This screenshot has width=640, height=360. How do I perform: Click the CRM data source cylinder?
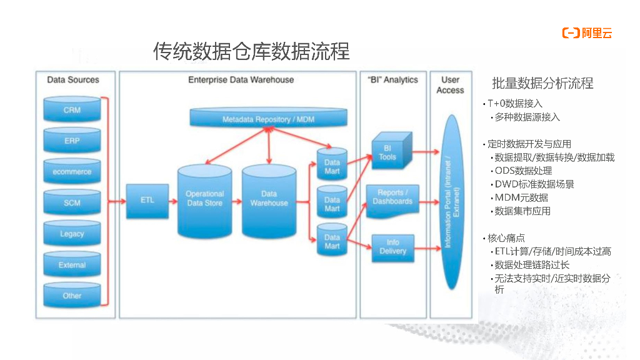pos(72,109)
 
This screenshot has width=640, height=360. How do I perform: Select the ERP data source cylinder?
pos(72,141)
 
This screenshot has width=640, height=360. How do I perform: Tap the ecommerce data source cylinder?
pos(72,171)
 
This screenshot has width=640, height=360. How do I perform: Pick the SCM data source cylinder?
pos(72,202)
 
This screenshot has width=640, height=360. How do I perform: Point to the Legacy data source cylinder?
pos(72,234)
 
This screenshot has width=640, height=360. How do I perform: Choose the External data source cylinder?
pos(72,265)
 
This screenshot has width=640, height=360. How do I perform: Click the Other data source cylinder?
pos(72,295)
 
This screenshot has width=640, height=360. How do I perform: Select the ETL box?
pos(147,201)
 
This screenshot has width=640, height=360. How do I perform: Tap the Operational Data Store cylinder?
pos(204,200)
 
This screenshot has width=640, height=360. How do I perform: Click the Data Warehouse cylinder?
pos(269,200)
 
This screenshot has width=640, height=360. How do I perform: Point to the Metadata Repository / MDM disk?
pos(268,119)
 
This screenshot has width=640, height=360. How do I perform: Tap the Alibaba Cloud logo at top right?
pos(587,34)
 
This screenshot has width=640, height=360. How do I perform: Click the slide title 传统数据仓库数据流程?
pos(251,51)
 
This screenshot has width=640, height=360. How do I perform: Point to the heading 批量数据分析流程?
pos(542,84)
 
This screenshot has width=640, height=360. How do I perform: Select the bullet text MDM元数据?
pos(521,197)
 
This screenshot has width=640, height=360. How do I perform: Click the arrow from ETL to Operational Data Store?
pos(173,201)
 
